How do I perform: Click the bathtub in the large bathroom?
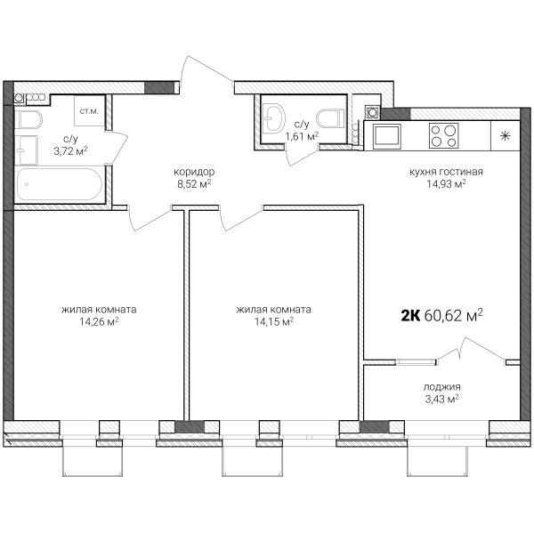pyautogui.click(x=60, y=184)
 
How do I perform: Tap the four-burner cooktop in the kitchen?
pyautogui.click(x=444, y=135)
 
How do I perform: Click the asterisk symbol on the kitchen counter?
pyautogui.click(x=505, y=136)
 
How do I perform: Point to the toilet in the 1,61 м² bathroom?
pyautogui.click(x=328, y=119)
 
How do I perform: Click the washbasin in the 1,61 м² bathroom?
pyautogui.click(x=274, y=118)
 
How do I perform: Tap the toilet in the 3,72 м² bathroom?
pyautogui.click(x=28, y=119)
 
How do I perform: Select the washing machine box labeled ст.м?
pyautogui.click(x=90, y=110)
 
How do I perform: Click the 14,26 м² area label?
pyautogui.click(x=99, y=321)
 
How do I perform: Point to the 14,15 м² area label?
pyautogui.click(x=274, y=321)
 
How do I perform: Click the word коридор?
pyautogui.click(x=194, y=172)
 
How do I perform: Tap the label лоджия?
pyautogui.click(x=442, y=386)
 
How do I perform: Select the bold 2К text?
pyautogui.click(x=411, y=316)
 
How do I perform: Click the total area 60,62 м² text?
pyautogui.click(x=454, y=315)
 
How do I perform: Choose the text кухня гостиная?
pyautogui.click(x=446, y=172)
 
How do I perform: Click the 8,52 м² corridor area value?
pyautogui.click(x=194, y=184)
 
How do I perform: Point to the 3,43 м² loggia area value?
pyautogui.click(x=442, y=399)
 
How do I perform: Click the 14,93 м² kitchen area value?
pyautogui.click(x=447, y=184)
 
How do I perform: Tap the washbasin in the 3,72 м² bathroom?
pyautogui.click(x=27, y=150)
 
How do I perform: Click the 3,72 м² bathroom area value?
pyautogui.click(x=71, y=151)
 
